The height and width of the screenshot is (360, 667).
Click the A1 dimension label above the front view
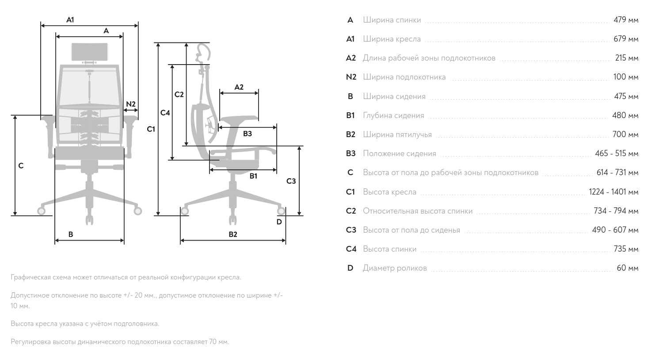[x=70, y=19]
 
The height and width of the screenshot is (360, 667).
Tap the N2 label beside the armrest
[x=131, y=104]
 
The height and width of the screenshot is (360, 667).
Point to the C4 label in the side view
[x=165, y=113]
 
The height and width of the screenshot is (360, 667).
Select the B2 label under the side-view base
[x=233, y=234]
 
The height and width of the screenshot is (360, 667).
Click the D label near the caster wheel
[x=279, y=222]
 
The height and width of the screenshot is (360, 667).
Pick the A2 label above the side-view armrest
[x=239, y=87]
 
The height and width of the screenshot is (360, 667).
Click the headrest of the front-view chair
[x=89, y=52]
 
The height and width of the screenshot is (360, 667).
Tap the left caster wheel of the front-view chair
[x=41, y=211]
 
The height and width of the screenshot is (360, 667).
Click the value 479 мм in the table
[x=626, y=19]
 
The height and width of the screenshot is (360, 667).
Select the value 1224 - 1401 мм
[x=614, y=191]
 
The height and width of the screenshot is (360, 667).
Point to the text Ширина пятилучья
[x=397, y=134]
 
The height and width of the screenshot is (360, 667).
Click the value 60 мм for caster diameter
[x=628, y=268]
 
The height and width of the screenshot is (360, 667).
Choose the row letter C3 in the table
[x=351, y=230]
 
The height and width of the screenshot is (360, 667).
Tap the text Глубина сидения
[x=393, y=115]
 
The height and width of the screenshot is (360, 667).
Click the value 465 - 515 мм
[x=617, y=153]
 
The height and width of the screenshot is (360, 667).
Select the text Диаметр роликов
[x=395, y=268]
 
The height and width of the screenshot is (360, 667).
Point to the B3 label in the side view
[x=247, y=134]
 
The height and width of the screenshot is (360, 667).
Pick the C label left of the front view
[x=21, y=166]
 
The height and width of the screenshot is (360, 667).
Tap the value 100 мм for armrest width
[x=626, y=77]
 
